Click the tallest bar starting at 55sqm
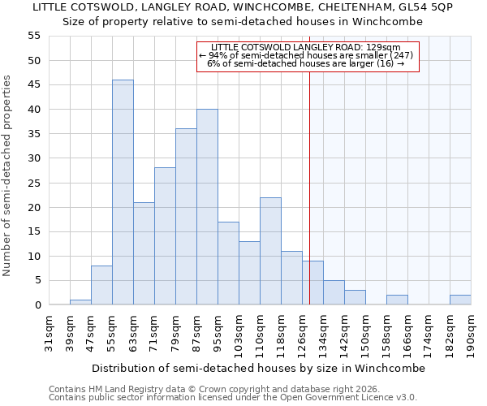point(123,192)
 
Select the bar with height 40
point(207,207)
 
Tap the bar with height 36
point(186,217)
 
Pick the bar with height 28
point(165,236)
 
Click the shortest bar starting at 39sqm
point(80,302)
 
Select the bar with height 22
point(270,251)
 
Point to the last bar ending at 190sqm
point(460,300)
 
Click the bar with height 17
point(228,263)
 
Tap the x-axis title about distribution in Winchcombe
point(258,368)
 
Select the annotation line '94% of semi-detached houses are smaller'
point(307,55)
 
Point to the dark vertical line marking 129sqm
point(310,187)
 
